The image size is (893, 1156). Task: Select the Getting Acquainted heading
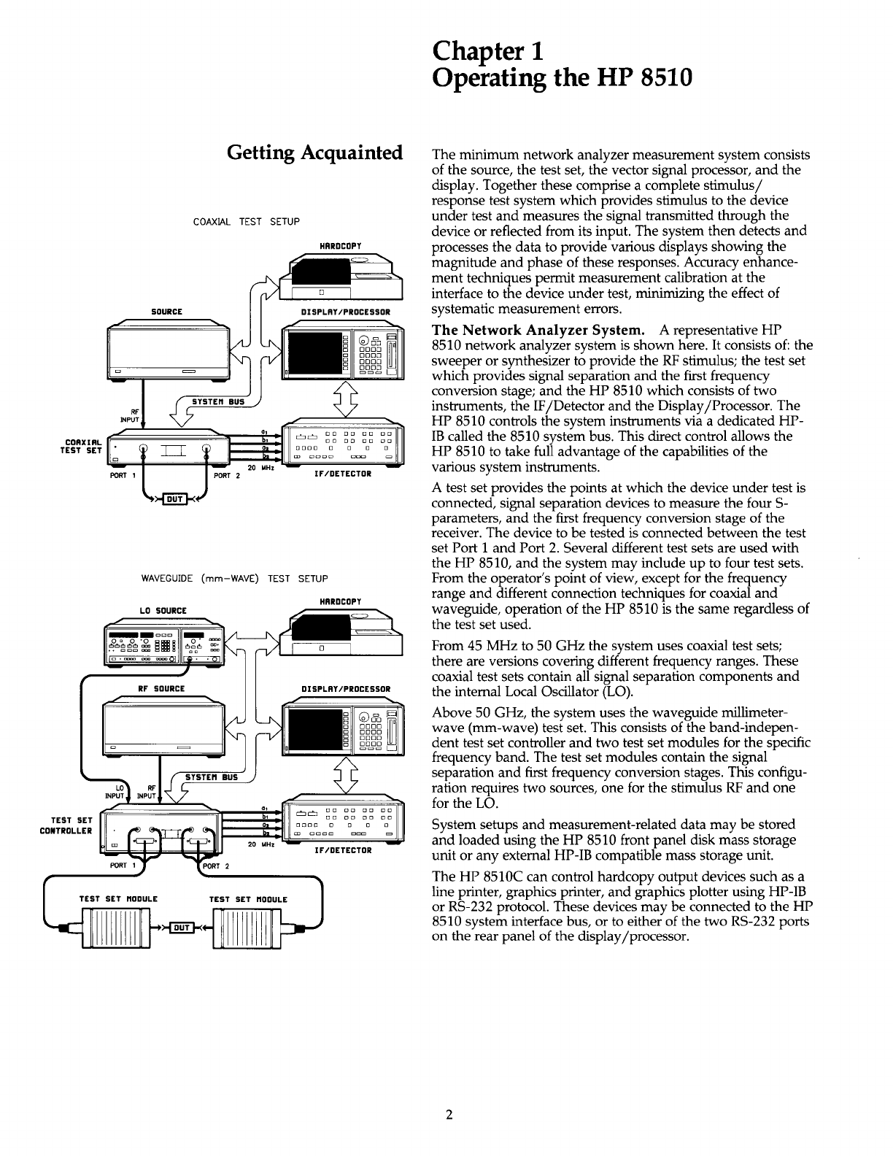(x=315, y=153)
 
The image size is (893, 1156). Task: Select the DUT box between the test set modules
(x=179, y=928)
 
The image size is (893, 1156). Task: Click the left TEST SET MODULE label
(x=117, y=899)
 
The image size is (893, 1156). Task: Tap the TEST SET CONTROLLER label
(x=66, y=825)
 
